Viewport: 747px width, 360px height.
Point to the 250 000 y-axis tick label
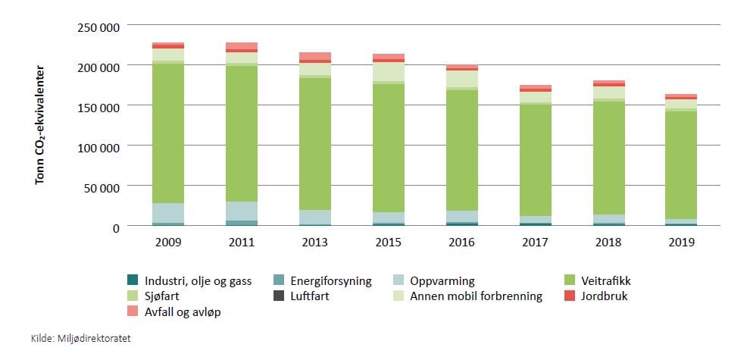[98, 27]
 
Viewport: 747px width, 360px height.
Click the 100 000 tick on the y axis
[98, 146]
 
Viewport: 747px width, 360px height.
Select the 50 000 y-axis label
[103, 186]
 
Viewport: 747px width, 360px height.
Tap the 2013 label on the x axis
[315, 242]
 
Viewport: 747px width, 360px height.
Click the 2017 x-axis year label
[535, 242]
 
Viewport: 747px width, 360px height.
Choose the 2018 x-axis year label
[608, 242]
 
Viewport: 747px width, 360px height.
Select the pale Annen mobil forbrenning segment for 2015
[388, 71]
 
